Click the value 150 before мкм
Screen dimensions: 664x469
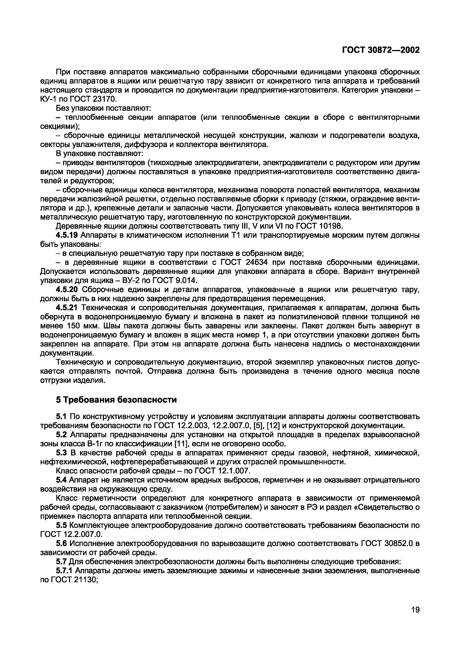click(75, 326)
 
